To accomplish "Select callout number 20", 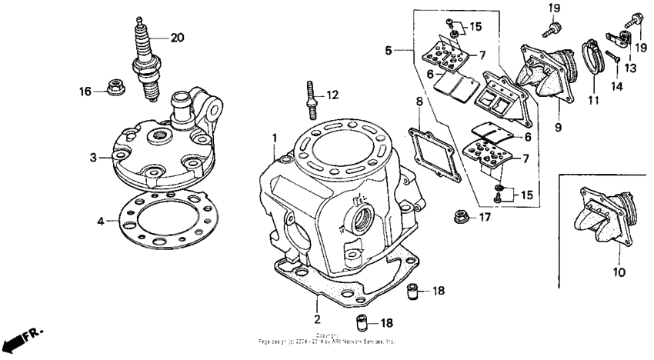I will (178, 37).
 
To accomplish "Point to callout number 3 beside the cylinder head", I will (92, 157).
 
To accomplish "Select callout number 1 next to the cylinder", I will (273, 138).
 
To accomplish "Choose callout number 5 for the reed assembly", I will (389, 51).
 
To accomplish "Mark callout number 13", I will (630, 68).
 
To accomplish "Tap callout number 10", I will (619, 272).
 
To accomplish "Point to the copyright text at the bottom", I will (328, 338).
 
